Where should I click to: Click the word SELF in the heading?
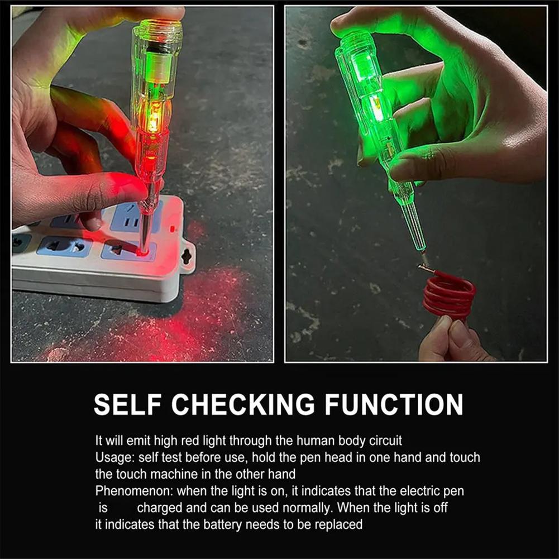click(127, 404)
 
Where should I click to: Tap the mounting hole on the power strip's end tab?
click(186, 256)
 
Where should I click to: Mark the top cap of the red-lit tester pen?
click(157, 28)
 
